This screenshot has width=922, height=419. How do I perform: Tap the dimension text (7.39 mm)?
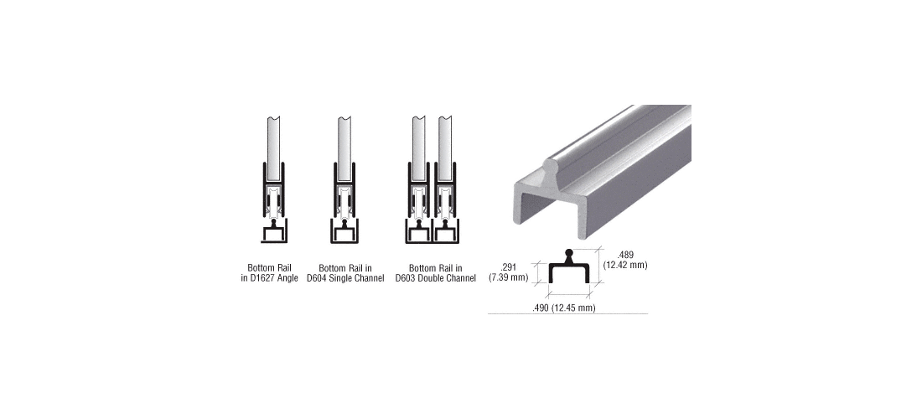point(509,277)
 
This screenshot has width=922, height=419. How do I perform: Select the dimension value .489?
point(626,255)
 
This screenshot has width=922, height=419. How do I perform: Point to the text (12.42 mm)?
point(625,265)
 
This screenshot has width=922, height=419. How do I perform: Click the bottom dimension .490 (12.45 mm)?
point(563,308)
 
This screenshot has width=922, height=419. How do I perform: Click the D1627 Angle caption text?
point(269,273)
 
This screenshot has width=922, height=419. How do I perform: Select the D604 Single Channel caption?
point(345,273)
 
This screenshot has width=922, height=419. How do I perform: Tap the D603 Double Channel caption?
point(436,273)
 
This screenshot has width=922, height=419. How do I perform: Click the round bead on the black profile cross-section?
point(568,255)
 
